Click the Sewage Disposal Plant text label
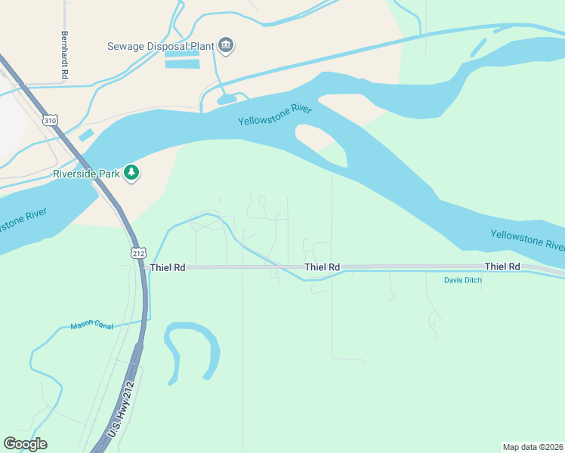pos(159,45)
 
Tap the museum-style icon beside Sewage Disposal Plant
pos(226,46)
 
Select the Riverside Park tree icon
pos(132,173)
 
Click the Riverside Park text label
pos(86,174)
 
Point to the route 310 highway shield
pos(50,120)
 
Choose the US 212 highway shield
pos(137,253)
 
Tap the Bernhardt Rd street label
pos(65,56)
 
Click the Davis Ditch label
pos(462,280)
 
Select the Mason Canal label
pos(91,325)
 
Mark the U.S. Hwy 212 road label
pos(121,409)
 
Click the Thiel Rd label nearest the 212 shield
pos(168,267)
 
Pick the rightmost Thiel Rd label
pos(502,267)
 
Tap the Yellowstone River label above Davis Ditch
pos(527,240)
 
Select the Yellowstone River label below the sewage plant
pos(275,116)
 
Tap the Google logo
pos(25,444)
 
